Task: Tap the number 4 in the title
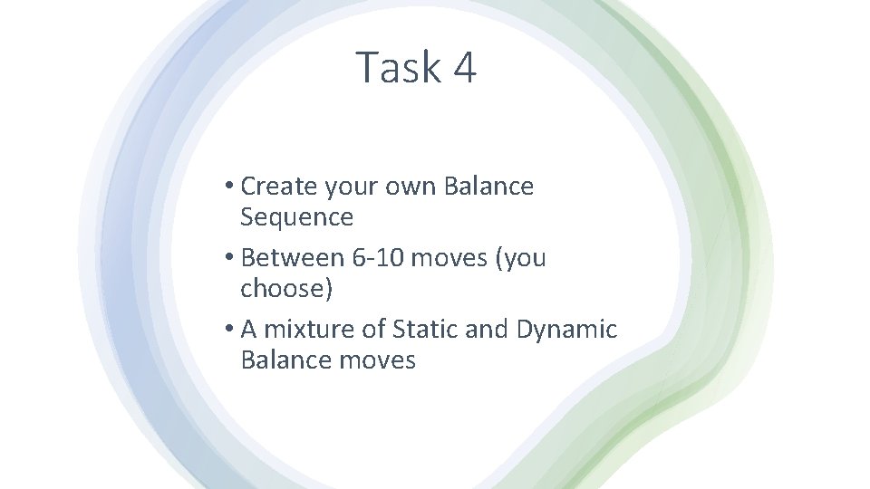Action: coord(461,68)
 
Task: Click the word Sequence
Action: coord(296,217)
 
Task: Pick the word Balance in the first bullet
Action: coord(488,187)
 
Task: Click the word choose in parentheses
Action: coord(282,289)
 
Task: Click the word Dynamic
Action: coord(566,330)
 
